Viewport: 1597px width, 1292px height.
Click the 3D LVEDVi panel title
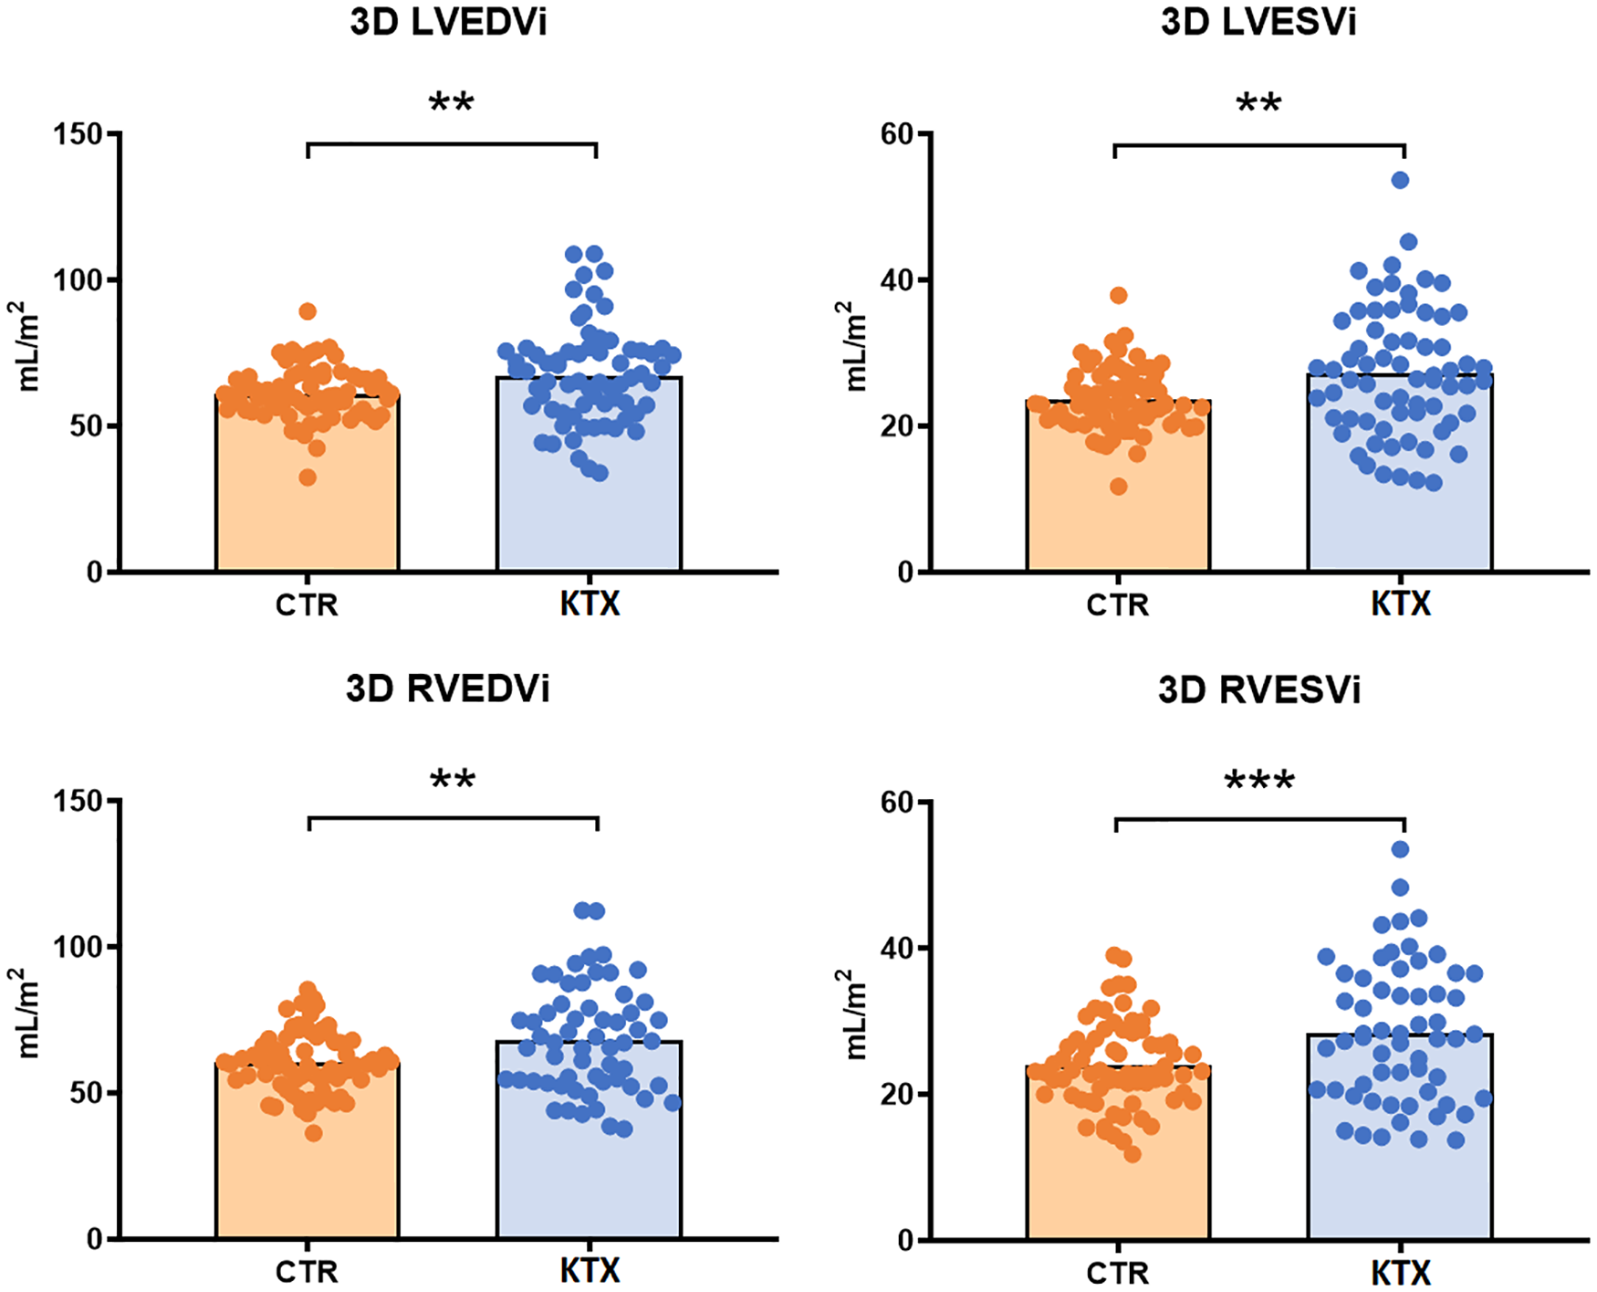[448, 23]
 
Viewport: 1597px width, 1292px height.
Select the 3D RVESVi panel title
[1258, 690]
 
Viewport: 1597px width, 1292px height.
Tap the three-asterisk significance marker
[1258, 782]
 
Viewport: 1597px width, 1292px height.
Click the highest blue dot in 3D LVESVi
[1400, 180]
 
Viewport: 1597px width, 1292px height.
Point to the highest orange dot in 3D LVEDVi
[308, 311]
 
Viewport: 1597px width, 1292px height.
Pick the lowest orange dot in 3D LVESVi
[1118, 487]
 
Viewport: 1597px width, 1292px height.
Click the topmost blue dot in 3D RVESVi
[1400, 849]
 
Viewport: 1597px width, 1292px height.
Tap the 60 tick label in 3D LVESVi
[897, 134]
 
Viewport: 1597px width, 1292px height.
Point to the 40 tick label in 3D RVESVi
[897, 948]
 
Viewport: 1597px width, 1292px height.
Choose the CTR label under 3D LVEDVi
[307, 604]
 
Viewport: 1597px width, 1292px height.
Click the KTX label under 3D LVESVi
[1400, 604]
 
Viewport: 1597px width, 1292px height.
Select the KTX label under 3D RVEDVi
[590, 1271]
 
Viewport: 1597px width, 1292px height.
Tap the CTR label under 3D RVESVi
[1117, 1272]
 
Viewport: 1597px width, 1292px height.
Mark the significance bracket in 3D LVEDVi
[452, 144]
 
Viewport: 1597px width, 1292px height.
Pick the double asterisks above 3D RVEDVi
[452, 780]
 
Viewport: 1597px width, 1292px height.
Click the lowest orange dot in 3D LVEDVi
[308, 478]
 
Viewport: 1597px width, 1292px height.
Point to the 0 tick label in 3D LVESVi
[905, 573]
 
